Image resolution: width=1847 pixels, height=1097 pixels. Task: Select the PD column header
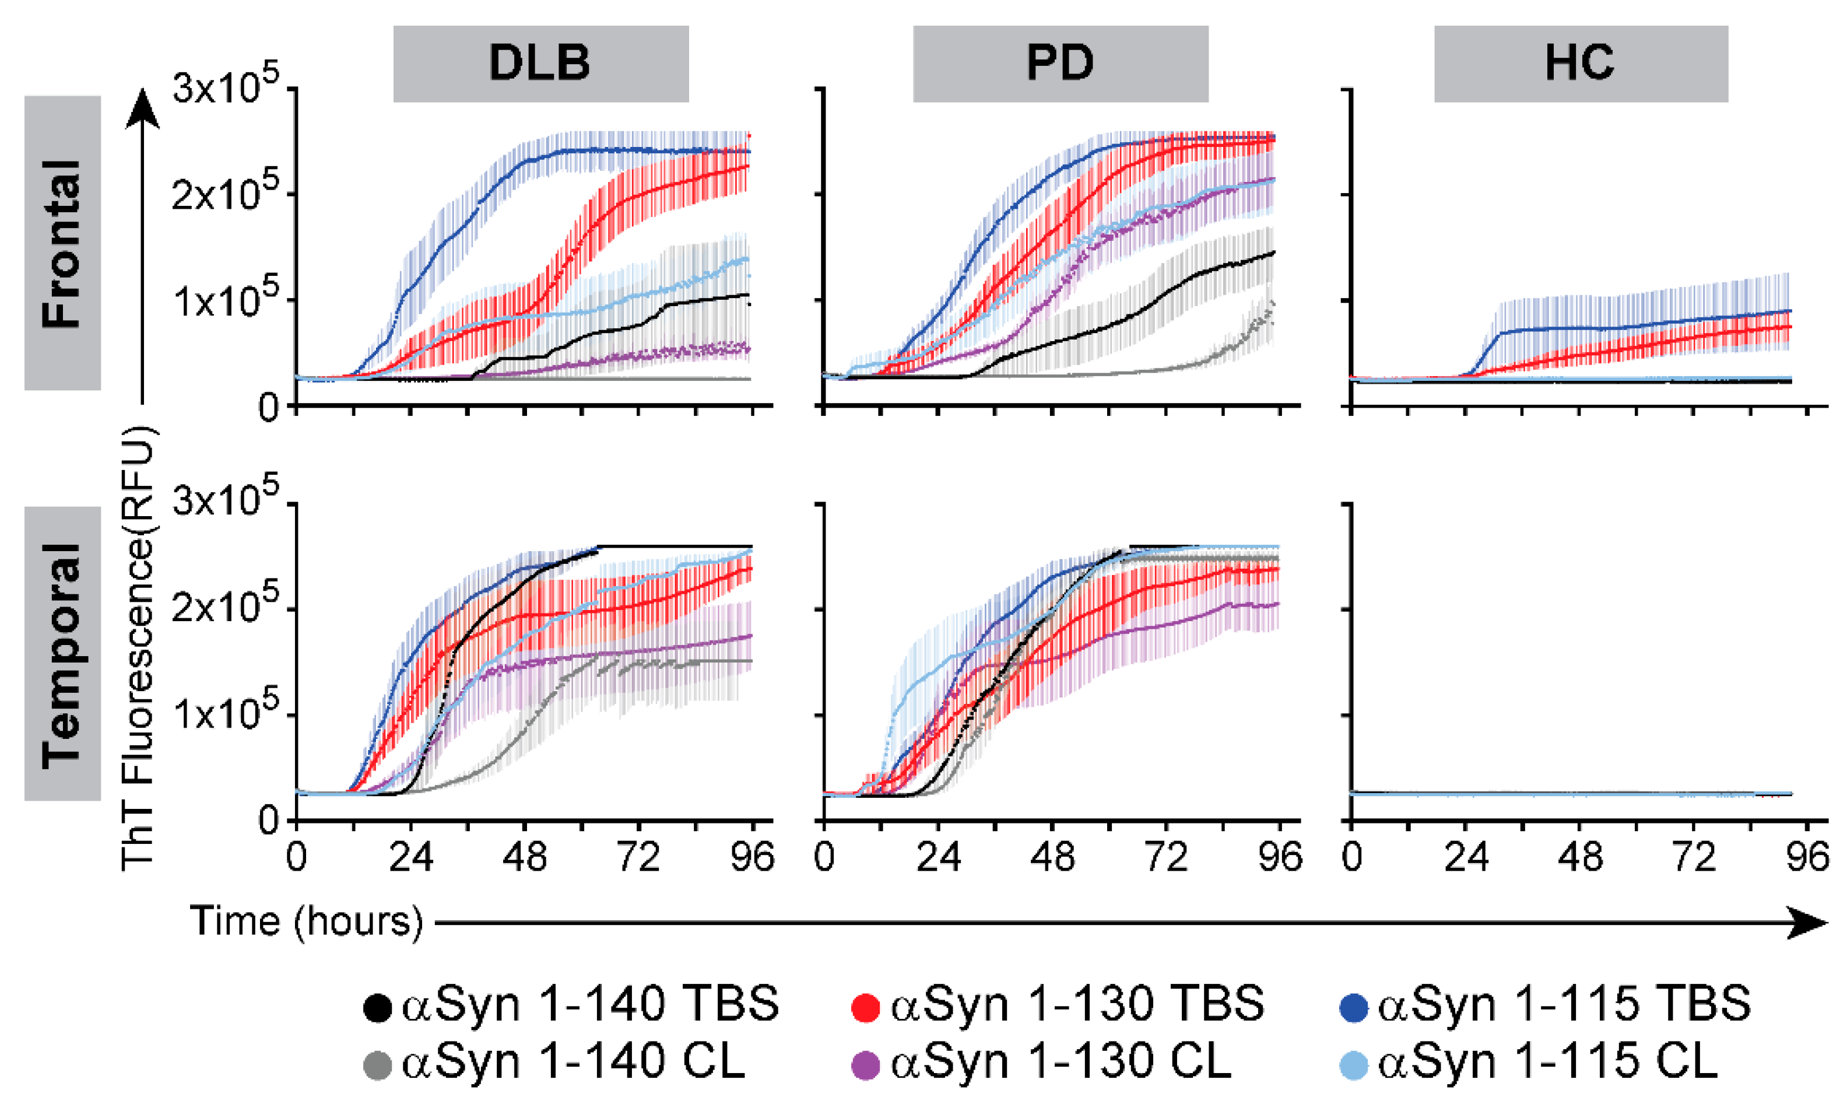pos(1060,63)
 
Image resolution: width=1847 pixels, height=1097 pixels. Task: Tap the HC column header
pos(1581,63)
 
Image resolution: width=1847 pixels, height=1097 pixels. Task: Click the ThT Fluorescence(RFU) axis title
pos(138,647)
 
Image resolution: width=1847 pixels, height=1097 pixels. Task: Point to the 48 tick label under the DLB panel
pos(525,857)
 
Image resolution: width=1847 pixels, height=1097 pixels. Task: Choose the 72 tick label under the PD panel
pos(1166,857)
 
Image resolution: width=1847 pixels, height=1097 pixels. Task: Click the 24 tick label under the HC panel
pos(1466,857)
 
